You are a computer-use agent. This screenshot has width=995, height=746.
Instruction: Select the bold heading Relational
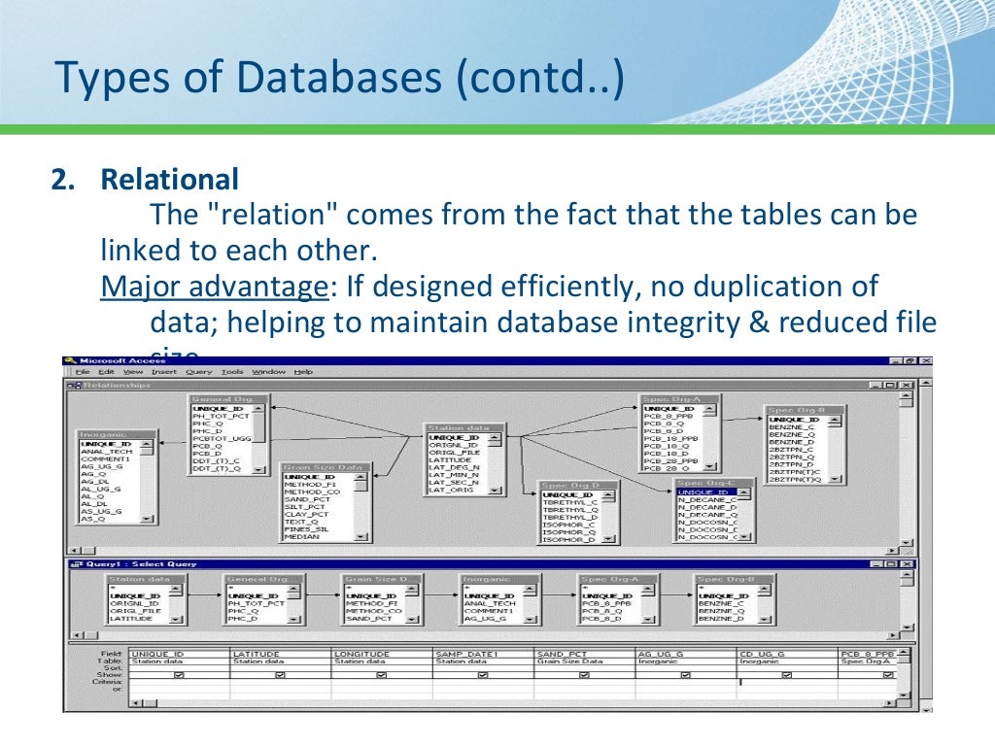click(170, 180)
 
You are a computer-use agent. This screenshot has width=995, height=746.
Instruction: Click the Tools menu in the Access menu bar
click(232, 371)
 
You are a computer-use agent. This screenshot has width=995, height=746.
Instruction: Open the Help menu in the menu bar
click(303, 371)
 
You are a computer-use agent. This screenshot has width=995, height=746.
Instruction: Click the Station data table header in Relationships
click(457, 427)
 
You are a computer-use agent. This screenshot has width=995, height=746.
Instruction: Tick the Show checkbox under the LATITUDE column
click(280, 675)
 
